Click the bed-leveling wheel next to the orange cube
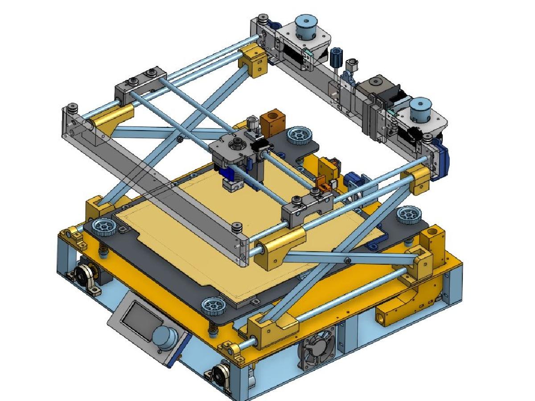point(298,134)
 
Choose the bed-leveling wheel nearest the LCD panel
point(213,307)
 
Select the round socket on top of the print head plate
point(235,143)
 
